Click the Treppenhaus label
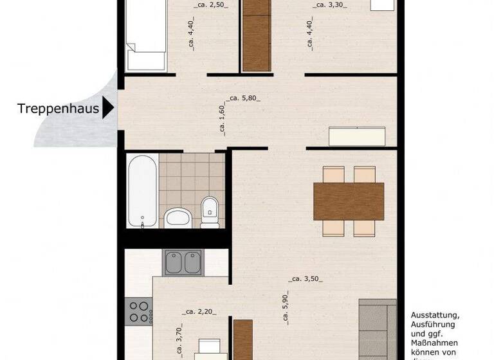pyautogui.click(x=58, y=109)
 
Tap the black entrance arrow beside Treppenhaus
pyautogui.click(x=108, y=108)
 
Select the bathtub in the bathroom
pyautogui.click(x=142, y=191)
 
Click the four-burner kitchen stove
pyautogui.click(x=139, y=311)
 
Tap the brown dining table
pyautogui.click(x=348, y=201)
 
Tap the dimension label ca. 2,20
pyautogui.click(x=199, y=312)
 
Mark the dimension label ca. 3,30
pyautogui.click(x=331, y=5)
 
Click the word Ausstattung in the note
pyautogui.click(x=435, y=316)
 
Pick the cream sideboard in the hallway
pyautogui.click(x=358, y=137)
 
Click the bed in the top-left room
pyautogui.click(x=147, y=35)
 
